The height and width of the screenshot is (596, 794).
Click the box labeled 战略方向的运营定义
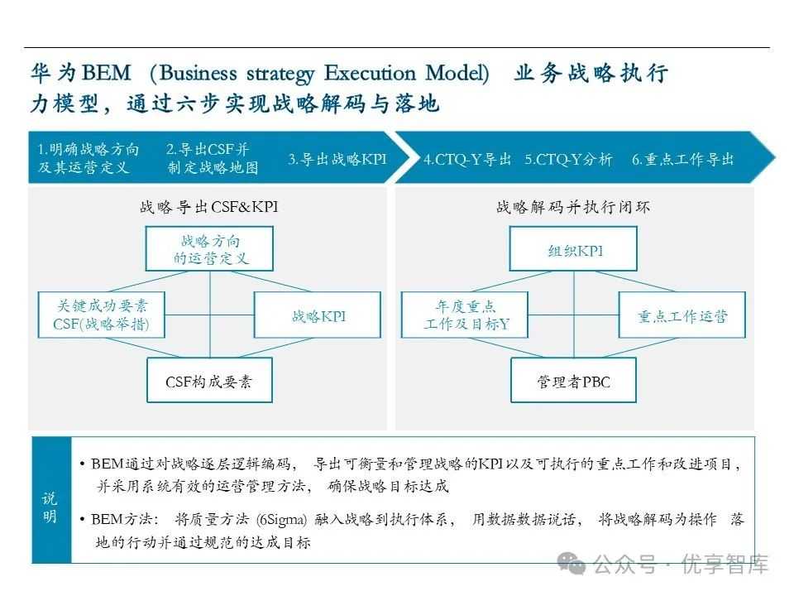[210, 249]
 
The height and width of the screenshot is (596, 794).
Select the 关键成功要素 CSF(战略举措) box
[101, 315]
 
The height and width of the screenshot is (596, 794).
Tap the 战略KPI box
[318, 315]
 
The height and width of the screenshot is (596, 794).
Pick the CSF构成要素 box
[209, 381]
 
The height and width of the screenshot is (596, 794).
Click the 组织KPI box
[574, 249]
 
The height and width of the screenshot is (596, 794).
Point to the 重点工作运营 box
[682, 315]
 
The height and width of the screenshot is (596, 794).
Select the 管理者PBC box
[574, 381]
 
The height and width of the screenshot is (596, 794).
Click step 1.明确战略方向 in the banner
[88, 158]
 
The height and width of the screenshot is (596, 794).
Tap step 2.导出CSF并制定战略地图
[212, 158]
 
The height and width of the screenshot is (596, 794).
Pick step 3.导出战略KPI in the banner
[337, 159]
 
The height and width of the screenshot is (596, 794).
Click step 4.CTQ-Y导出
[467, 159]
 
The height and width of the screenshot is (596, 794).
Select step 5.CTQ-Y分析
[568, 159]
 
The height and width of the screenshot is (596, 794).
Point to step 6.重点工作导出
[682, 159]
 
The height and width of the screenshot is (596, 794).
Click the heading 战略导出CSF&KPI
[209, 207]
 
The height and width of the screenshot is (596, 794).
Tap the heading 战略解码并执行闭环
[573, 207]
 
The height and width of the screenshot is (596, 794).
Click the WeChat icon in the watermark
[571, 564]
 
